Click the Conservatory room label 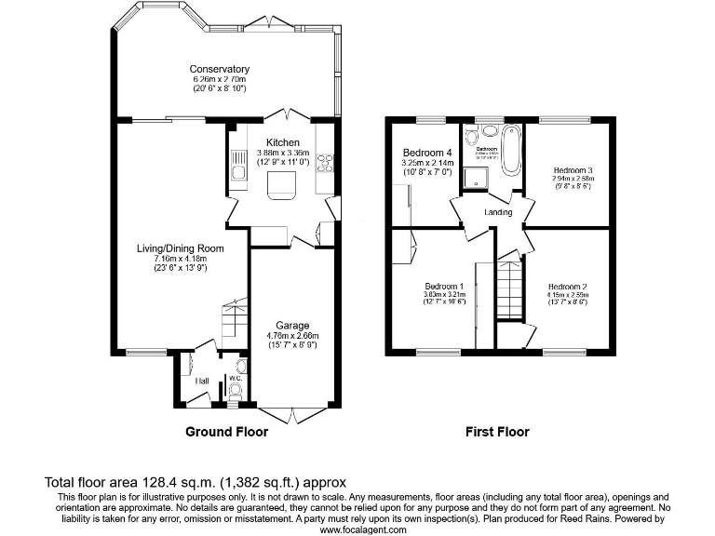[x=219, y=69]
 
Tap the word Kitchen [x=282, y=142]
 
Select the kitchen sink [x=236, y=168]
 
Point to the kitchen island [x=280, y=190]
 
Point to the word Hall [x=200, y=382]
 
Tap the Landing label [x=498, y=212]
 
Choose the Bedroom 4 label [x=427, y=153]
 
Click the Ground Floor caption [x=226, y=432]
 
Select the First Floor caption [x=497, y=432]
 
